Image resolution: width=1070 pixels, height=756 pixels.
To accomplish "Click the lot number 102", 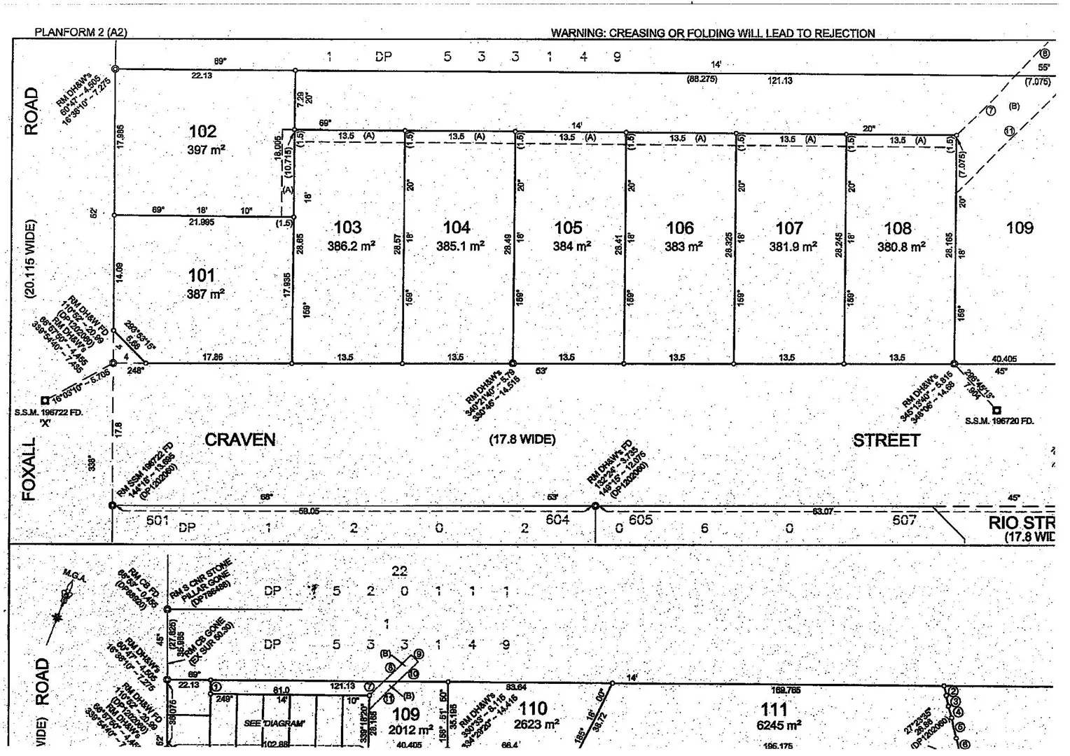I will pos(202,132).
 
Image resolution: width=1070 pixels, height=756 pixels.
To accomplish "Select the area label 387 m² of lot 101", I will pos(205,295).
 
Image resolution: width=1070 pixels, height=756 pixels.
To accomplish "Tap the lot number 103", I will pos(347,227).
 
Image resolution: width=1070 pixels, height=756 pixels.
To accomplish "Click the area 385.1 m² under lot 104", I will pos(460,246).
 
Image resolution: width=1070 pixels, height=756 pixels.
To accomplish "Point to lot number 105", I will pos(568,227).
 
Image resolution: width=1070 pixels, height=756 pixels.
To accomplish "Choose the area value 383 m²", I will pos(683,246).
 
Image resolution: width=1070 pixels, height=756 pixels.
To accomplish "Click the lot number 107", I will pos(789,228).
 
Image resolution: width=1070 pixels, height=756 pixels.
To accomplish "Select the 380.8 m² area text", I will pos(901,246).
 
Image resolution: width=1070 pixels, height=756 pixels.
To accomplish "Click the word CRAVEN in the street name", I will pos(239,440).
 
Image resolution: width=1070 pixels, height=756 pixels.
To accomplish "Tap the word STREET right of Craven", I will pos(886,440).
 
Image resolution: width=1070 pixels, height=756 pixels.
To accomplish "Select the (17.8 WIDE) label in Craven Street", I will pos(522,440).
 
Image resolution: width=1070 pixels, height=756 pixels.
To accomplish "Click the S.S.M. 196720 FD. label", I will pos(999,421).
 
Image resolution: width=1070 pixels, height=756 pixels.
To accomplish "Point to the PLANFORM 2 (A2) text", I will pos(81,32).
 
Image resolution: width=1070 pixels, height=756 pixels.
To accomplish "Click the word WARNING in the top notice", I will pos(578,33).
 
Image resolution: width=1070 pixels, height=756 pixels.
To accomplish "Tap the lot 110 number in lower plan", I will pos(533,709).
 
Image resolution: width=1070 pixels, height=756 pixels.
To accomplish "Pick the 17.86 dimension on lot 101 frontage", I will pos(212,357).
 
